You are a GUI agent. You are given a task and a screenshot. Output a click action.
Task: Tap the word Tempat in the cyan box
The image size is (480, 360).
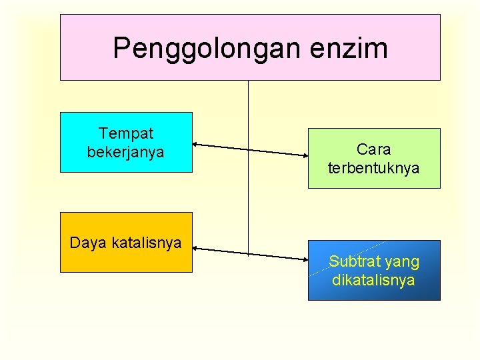click(x=126, y=134)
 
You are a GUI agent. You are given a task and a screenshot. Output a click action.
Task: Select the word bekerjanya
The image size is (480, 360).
click(x=126, y=152)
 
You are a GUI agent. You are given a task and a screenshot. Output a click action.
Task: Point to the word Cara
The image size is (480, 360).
click(x=373, y=149)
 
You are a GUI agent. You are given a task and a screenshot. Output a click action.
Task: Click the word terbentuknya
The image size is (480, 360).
click(x=373, y=167)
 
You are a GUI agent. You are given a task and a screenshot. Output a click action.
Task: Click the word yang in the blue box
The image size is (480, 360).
click(x=402, y=262)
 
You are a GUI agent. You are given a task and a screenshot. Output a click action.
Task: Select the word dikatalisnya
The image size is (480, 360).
click(x=373, y=280)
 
